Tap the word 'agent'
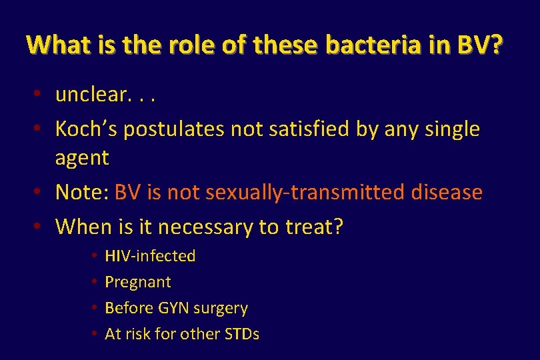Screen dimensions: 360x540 [x=81, y=158]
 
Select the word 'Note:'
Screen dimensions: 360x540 [x=82, y=192]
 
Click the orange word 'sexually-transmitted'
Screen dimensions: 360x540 [x=305, y=192]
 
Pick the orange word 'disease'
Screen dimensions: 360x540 [x=446, y=192]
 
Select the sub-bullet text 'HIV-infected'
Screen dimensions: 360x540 [x=150, y=256]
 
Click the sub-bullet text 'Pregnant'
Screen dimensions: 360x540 [x=138, y=282]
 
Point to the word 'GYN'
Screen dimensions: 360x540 [x=175, y=308]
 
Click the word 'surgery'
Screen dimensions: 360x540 [x=222, y=308]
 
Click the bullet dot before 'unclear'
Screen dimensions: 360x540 [x=40, y=95]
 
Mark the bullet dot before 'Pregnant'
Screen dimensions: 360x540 [x=95, y=282]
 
